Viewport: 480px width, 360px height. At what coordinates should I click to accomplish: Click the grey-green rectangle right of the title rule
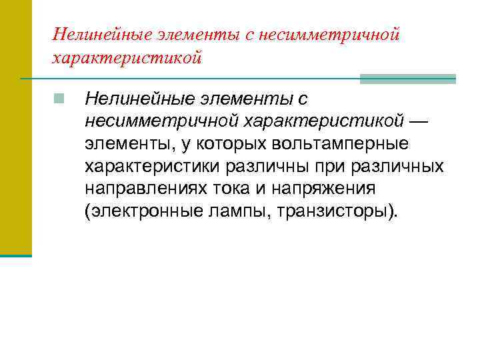coord(407,79)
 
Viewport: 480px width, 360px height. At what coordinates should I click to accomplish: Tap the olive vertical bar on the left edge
coord(15,127)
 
